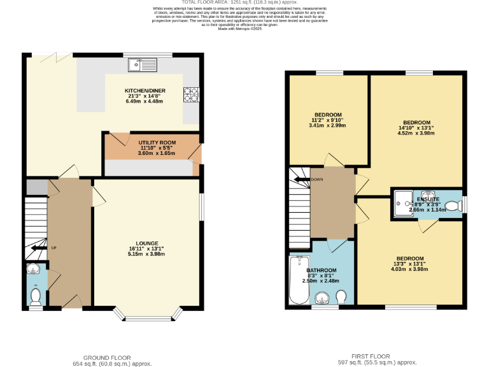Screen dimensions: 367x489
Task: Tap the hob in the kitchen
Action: coord(190,94)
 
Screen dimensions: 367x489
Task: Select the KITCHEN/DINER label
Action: coord(145,91)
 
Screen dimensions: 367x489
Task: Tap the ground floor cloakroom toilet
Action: coord(36,296)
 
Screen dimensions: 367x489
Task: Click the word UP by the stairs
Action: coord(54,248)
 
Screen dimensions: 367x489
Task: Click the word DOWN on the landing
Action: coord(317,180)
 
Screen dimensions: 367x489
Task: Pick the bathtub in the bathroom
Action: coord(298,280)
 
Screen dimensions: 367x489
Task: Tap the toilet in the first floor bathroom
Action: coord(341,297)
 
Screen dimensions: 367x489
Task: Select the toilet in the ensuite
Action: coord(453,206)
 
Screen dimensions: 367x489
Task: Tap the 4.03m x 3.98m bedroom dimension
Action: coord(408,270)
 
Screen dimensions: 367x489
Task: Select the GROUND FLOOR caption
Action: coord(107,357)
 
